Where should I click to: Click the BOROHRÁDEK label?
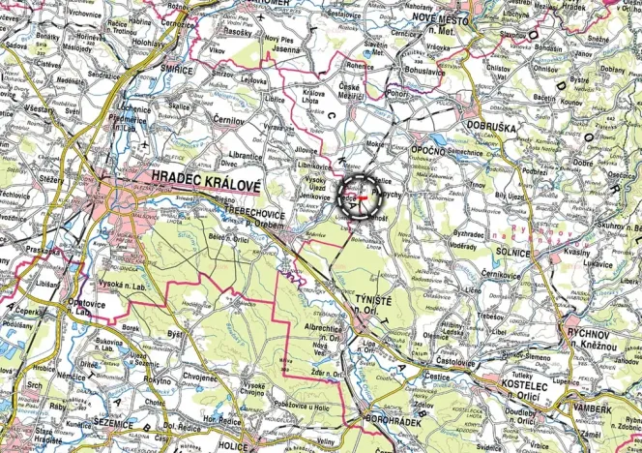394,419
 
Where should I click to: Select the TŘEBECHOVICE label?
256,209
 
